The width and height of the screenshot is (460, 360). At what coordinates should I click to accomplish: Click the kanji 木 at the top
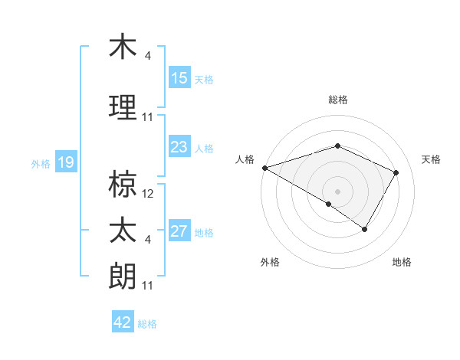(123, 47)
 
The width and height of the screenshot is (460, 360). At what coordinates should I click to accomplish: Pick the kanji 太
(123, 231)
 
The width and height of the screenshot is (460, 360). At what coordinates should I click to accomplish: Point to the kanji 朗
(123, 275)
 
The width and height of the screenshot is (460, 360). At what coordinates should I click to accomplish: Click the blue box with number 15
(179, 78)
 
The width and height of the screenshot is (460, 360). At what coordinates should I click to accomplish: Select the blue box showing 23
(179, 147)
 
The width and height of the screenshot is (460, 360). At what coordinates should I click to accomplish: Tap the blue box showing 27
(179, 232)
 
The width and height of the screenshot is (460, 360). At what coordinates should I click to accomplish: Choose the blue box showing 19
(65, 162)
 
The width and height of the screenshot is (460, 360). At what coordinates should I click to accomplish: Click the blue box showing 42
(123, 322)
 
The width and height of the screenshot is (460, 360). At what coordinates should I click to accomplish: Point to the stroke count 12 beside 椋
(149, 194)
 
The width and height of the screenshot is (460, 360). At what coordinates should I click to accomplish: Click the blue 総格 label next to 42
(147, 324)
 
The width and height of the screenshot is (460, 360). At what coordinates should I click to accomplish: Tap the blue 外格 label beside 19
(40, 164)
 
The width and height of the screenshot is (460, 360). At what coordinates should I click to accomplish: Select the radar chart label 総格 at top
(337, 100)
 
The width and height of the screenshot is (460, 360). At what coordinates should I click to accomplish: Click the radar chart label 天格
(431, 159)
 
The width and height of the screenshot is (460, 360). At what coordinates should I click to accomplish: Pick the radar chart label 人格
(245, 159)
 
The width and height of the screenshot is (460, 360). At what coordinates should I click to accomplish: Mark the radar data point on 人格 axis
(264, 168)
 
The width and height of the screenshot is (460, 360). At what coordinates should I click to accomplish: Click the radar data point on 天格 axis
(396, 172)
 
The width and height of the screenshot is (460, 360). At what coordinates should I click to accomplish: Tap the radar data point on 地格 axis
(365, 229)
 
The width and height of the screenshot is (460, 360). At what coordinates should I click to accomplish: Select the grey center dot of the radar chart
(337, 191)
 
